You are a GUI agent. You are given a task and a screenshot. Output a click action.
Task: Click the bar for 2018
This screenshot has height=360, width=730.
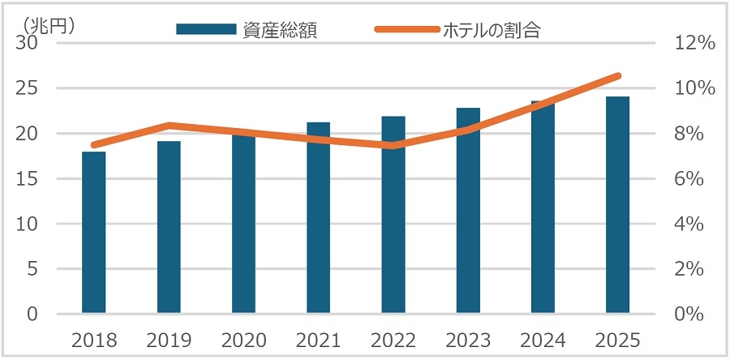pos(93,232)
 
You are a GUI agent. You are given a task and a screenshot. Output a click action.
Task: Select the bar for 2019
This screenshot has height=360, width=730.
pos(169,227)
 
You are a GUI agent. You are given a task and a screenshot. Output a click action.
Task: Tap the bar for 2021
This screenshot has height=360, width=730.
pos(318,217)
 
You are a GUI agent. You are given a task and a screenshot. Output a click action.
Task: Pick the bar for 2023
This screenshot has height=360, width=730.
pos(468,210)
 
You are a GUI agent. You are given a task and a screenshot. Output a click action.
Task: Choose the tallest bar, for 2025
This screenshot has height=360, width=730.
pos(617,204)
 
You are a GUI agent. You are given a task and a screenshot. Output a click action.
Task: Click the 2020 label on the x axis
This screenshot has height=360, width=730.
pos(243,341)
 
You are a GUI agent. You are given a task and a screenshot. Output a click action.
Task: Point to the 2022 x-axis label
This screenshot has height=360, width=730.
pos(393,341)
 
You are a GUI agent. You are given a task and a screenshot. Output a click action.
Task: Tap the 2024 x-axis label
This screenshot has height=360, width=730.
pos(543,341)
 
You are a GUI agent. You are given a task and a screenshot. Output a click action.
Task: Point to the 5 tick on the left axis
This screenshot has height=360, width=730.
pos(32,269)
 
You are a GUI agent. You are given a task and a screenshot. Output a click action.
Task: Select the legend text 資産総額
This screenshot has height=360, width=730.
pos(280,30)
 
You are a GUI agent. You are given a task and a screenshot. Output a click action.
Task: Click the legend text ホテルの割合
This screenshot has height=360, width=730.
pos(491,30)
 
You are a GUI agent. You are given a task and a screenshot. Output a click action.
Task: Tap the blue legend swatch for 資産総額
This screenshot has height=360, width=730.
pos(206,30)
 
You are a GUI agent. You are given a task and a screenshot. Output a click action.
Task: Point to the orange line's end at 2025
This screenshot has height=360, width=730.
pos(618,76)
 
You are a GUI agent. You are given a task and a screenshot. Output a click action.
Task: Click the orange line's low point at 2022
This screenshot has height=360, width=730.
pos(393,146)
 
